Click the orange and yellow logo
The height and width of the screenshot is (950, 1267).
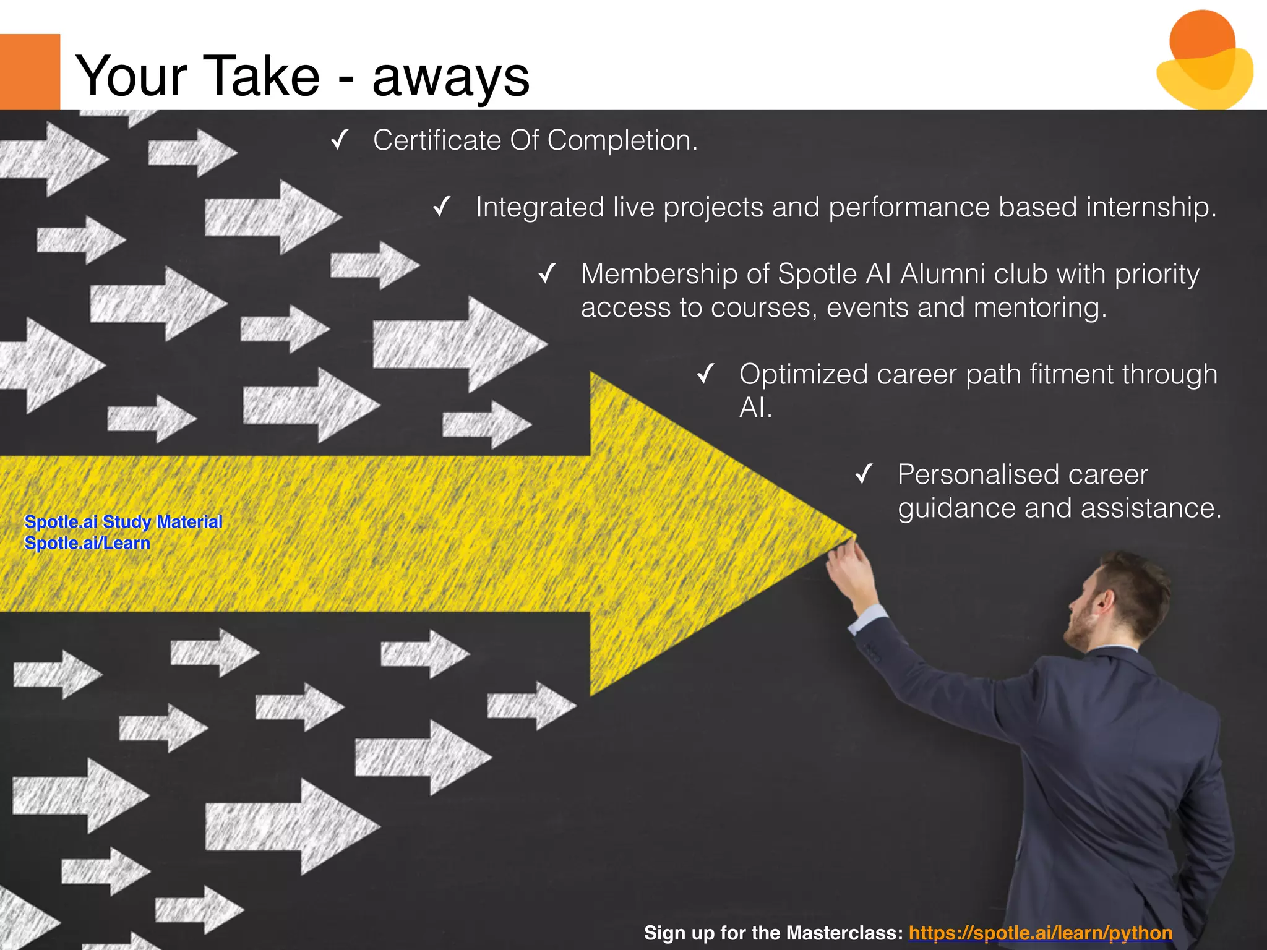[x=1204, y=61]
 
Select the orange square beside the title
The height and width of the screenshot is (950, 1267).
[x=30, y=72]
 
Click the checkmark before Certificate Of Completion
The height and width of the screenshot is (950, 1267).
[x=340, y=140]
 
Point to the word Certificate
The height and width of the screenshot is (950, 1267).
[x=437, y=140]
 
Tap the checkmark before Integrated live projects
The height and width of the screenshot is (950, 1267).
[x=442, y=207]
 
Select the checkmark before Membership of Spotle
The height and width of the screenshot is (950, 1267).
[x=548, y=273]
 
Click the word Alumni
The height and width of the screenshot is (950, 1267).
[x=943, y=273]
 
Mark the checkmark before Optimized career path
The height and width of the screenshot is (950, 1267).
[x=705, y=374]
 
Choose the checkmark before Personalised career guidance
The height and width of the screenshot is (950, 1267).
[x=864, y=474]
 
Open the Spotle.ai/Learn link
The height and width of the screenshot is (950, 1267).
[x=87, y=543]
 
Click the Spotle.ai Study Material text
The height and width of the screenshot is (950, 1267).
[x=123, y=521]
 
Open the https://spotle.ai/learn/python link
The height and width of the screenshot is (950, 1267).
[x=1041, y=933]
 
